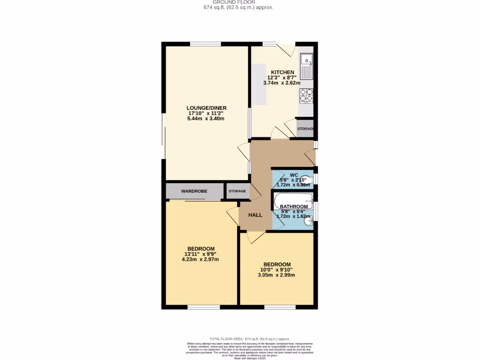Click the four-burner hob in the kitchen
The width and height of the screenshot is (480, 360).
pyautogui.click(x=307, y=95)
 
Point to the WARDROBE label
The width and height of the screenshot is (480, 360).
pyautogui.click(x=195, y=191)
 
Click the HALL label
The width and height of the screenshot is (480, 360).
pyautogui.click(x=255, y=215)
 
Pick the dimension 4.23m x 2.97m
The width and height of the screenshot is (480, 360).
pyautogui.click(x=201, y=259)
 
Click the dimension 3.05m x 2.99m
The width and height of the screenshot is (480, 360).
pyautogui.click(x=277, y=275)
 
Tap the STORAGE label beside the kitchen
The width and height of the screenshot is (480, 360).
pyautogui.click(x=305, y=129)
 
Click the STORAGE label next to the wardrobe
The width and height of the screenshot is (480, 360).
pyautogui.click(x=237, y=191)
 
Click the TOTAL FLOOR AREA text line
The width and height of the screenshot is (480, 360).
pyautogui.click(x=249, y=338)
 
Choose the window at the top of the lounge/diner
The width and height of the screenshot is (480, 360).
pyautogui.click(x=206, y=44)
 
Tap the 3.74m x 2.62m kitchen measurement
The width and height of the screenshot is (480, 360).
pyautogui.click(x=281, y=83)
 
